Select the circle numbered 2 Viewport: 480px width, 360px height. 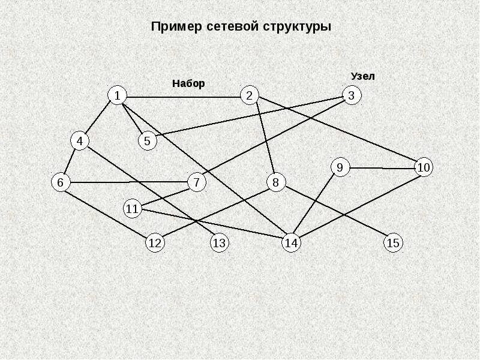click(250, 95)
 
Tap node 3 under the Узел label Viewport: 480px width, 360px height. click(352, 95)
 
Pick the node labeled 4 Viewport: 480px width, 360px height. click(79, 141)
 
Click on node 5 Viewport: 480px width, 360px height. click(148, 142)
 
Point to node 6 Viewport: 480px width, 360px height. click(60, 182)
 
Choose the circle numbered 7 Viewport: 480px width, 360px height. click(196, 182)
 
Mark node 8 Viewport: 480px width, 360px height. click(276, 182)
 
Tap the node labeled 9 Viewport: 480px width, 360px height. click(340, 167)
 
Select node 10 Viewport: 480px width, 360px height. click(424, 167)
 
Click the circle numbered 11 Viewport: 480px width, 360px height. click(133, 209)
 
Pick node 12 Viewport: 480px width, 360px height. click(155, 243)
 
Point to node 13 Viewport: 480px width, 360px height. click(219, 243)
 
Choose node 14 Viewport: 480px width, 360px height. click(291, 243)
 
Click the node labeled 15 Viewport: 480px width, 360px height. click(393, 243)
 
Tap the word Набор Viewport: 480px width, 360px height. click(188, 83)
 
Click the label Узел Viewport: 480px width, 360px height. click(362, 76)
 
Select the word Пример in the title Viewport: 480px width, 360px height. click(176, 27)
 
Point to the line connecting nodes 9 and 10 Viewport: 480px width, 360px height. click(382, 168)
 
